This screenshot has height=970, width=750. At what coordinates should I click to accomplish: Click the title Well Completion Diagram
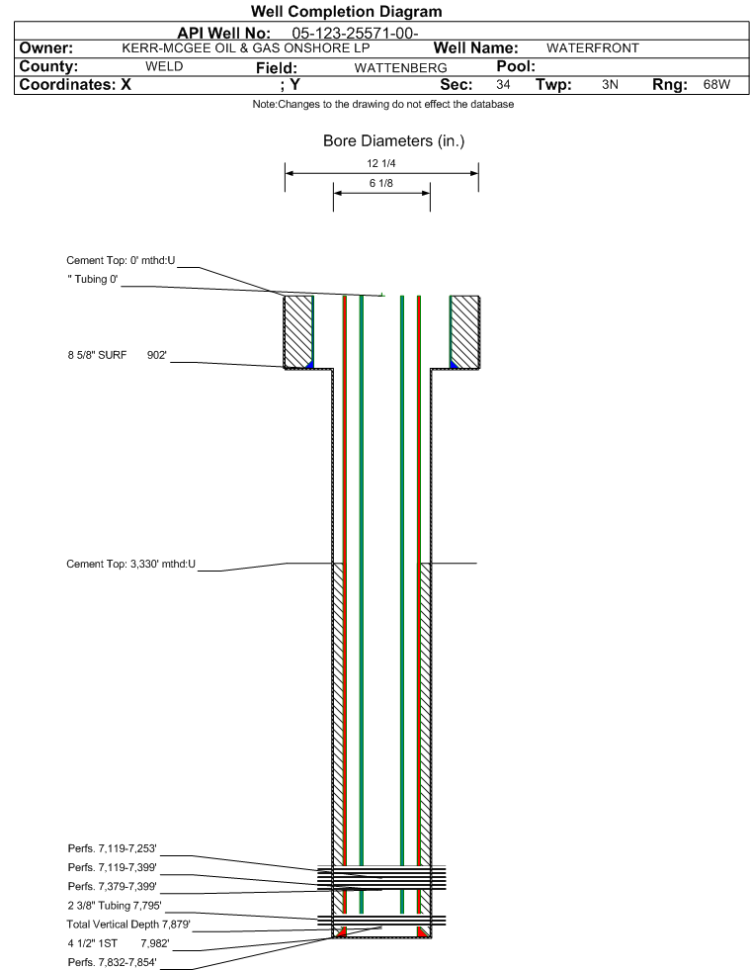(346, 12)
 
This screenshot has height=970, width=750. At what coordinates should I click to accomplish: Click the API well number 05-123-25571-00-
(355, 33)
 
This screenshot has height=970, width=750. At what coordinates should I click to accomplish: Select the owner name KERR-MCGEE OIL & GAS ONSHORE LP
(246, 48)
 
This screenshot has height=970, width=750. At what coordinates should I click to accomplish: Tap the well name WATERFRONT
(592, 48)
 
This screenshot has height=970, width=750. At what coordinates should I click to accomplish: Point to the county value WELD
(164, 66)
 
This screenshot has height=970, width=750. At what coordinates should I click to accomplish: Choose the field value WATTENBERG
(400, 67)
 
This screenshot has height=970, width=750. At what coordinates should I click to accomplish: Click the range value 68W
(716, 84)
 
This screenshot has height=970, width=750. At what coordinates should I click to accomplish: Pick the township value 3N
(610, 84)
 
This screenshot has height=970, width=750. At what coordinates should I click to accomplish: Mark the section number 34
(503, 84)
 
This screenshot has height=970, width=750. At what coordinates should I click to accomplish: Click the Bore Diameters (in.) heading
(394, 141)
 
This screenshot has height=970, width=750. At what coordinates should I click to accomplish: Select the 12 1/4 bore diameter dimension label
(380, 163)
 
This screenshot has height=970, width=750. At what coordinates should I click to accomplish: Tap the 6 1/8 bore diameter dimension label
(380, 183)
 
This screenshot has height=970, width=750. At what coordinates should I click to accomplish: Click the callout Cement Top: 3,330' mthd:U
(131, 565)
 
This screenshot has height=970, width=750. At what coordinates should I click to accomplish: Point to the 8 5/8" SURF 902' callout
(117, 355)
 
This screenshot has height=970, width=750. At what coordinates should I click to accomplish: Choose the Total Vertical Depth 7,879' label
(128, 925)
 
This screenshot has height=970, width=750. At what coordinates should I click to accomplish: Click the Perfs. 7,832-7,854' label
(112, 962)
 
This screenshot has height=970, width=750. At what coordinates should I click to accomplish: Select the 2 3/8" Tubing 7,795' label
(115, 906)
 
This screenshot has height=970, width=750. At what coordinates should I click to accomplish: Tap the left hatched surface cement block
(298, 331)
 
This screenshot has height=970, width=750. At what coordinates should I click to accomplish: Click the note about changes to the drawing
(382, 104)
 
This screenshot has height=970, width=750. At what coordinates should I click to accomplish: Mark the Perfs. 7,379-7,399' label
(112, 887)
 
